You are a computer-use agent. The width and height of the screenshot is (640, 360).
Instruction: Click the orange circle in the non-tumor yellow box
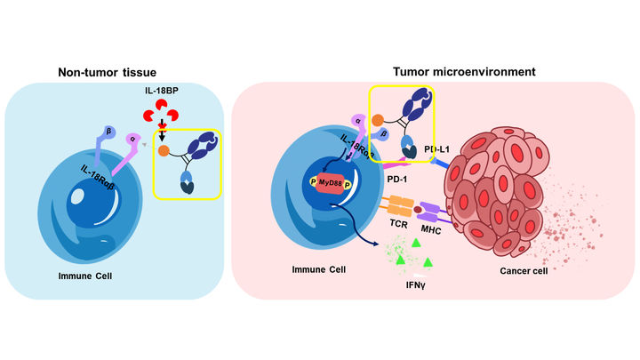164,152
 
